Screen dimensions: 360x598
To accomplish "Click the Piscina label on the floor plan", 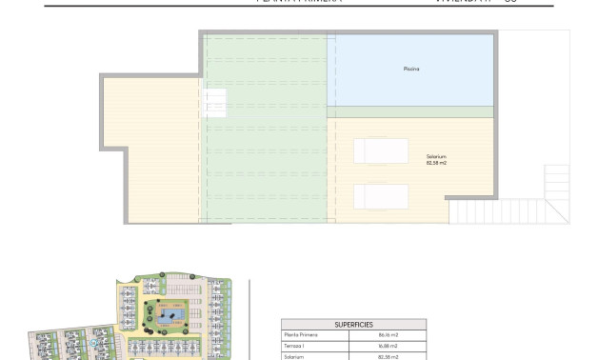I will tap(411, 70).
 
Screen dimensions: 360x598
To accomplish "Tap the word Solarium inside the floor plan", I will tap(437, 156).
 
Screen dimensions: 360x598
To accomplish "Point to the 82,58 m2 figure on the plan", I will tap(437, 163).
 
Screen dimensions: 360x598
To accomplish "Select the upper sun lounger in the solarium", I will tap(381, 151).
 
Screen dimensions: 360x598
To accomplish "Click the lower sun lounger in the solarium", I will tap(381, 196).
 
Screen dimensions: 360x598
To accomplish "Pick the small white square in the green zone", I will tap(214, 102).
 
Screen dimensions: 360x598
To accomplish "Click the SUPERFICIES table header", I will tap(353, 325).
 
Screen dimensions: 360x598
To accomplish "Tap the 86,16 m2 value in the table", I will tap(388, 335).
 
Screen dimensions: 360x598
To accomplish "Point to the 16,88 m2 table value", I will tap(388, 346).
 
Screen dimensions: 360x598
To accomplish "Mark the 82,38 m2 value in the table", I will tap(388, 356).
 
